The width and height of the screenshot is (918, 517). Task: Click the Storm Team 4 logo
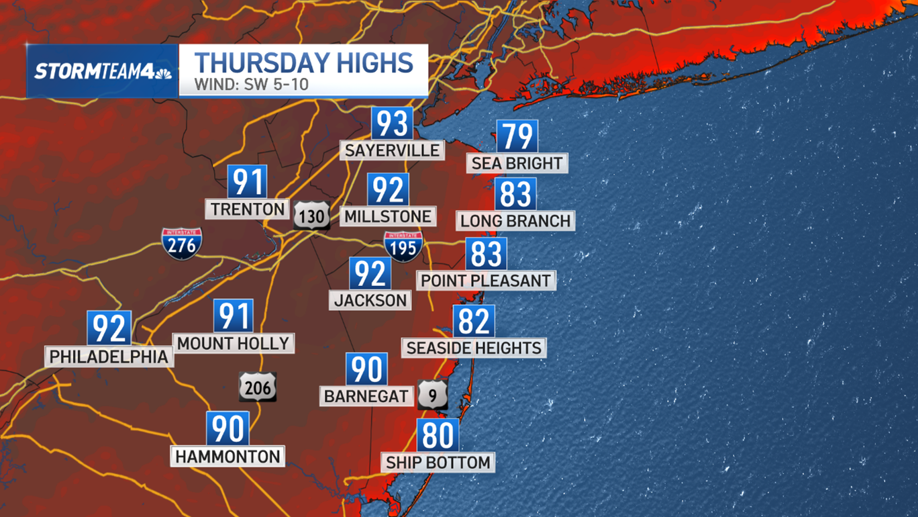102,71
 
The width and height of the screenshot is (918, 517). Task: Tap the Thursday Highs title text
303,63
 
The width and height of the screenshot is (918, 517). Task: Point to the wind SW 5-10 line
251,85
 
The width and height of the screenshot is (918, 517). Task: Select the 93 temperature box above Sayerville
392,124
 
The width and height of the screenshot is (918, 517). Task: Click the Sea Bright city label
517,163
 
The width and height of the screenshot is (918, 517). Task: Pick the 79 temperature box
517,136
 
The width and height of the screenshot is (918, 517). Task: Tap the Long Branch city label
515,221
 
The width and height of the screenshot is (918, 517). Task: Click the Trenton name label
248,209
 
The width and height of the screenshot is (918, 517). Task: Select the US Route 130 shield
311,216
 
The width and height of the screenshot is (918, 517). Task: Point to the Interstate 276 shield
182,244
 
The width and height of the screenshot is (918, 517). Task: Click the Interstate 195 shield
403,246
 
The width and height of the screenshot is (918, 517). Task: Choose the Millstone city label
388,216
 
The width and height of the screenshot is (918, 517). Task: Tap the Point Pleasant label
486,281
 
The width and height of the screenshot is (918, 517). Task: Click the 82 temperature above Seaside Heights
474,321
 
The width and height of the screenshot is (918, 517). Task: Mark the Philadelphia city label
109,357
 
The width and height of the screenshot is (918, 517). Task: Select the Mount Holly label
233,344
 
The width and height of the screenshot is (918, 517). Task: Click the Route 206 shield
258,387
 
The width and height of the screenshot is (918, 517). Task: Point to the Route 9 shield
433,394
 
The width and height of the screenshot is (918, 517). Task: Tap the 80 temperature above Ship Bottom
438,435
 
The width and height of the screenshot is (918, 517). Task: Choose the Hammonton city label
227,457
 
